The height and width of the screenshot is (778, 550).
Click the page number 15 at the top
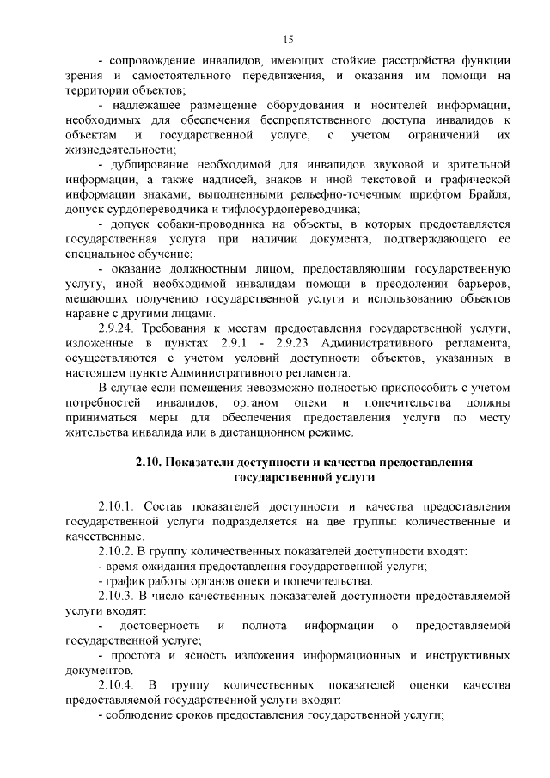coord(288,39)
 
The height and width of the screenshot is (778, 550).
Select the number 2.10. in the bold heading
coord(149,462)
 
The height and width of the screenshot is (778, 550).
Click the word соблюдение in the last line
coord(143,715)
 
